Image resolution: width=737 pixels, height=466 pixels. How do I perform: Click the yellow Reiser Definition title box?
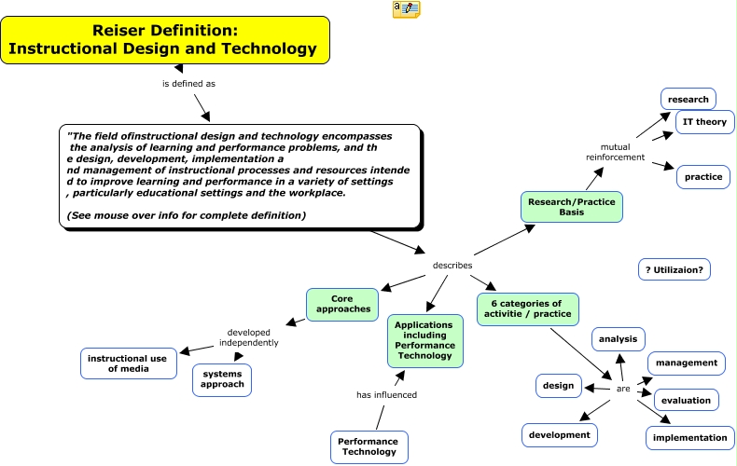(x=164, y=40)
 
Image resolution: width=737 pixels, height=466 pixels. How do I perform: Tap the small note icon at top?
(x=406, y=9)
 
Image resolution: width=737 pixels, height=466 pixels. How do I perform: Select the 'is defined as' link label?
(x=188, y=83)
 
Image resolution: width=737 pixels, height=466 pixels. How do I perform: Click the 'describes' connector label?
(x=452, y=266)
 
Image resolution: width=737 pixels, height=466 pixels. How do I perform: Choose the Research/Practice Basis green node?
(x=571, y=207)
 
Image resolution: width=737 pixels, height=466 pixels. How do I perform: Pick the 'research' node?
(x=689, y=99)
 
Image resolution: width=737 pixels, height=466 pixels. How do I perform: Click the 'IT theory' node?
(x=704, y=122)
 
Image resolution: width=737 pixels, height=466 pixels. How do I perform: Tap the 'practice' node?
(x=702, y=176)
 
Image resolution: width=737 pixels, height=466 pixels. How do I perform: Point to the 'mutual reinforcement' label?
(x=615, y=152)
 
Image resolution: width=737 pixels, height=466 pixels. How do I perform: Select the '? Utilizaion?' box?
(x=674, y=269)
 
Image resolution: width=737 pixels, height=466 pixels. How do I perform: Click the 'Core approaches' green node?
(x=341, y=304)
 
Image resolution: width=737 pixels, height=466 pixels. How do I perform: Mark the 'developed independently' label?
(x=248, y=336)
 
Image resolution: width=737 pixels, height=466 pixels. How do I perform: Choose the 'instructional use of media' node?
(x=127, y=363)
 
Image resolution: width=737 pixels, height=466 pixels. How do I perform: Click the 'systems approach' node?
(x=222, y=378)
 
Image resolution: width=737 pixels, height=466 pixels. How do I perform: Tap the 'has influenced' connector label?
(x=386, y=394)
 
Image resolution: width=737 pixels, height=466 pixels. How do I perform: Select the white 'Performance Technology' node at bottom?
(x=367, y=446)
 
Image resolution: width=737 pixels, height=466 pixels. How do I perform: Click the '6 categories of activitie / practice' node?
(x=527, y=308)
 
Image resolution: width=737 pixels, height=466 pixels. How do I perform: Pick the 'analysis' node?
(x=618, y=339)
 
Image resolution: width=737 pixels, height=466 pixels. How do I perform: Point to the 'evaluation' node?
(x=686, y=401)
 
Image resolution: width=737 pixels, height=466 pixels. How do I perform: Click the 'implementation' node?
(x=689, y=437)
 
